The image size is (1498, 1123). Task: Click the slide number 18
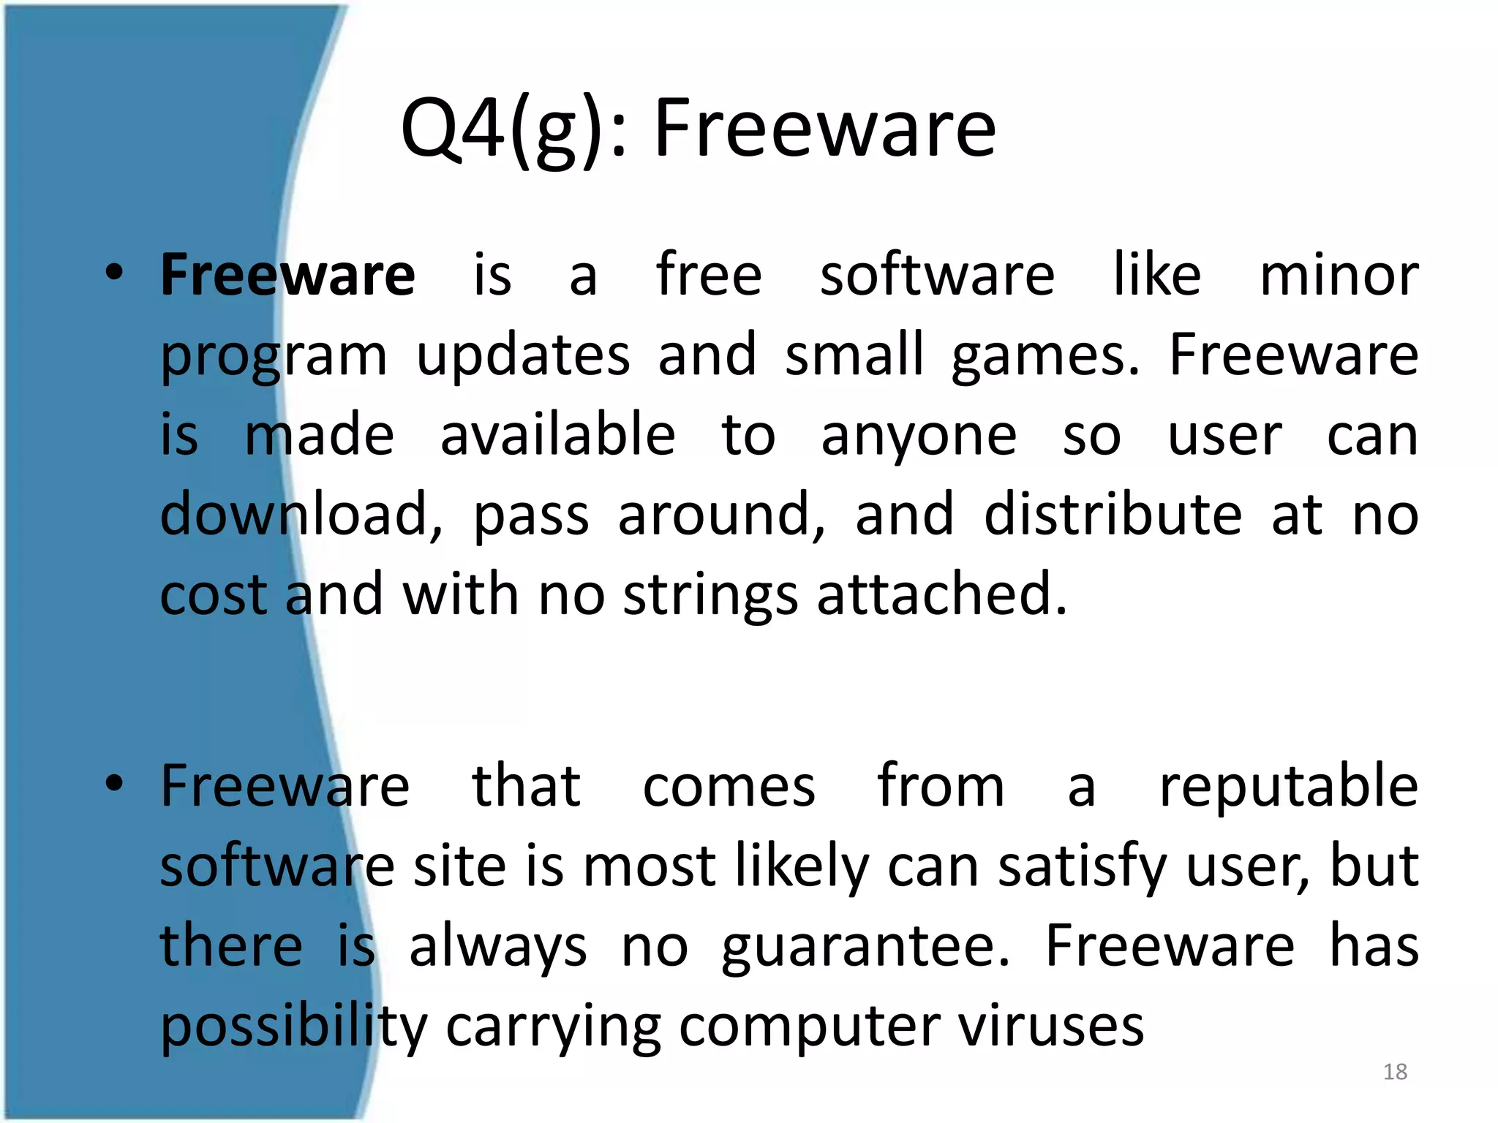pyautogui.click(x=1395, y=1072)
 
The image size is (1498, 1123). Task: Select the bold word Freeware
pyautogui.click(x=287, y=275)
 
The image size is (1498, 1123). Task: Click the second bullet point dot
pyautogui.click(x=114, y=784)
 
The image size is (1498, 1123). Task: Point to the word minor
pyautogui.click(x=1339, y=275)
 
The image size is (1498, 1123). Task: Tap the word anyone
pyautogui.click(x=919, y=437)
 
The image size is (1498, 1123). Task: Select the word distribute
pyautogui.click(x=1112, y=515)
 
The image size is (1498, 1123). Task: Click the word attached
pyautogui.click(x=941, y=594)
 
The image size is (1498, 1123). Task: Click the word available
pyautogui.click(x=557, y=436)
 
